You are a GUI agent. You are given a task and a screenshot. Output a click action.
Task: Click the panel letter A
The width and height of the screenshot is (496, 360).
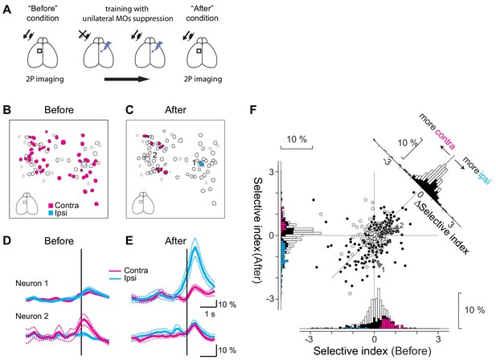7,10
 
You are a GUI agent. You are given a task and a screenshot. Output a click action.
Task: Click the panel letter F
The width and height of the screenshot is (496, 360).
253,110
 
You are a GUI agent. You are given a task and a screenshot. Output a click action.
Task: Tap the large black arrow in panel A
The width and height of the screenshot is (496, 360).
127,79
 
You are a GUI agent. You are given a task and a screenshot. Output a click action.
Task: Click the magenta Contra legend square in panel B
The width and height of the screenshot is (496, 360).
51,206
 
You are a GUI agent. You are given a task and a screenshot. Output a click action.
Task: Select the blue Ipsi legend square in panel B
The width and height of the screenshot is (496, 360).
51,213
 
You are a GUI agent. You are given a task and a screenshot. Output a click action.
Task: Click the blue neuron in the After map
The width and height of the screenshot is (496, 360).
201,164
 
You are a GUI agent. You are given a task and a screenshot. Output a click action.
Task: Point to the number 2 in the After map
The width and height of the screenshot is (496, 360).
154,155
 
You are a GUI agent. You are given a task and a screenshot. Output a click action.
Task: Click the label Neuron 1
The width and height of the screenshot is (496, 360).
32,284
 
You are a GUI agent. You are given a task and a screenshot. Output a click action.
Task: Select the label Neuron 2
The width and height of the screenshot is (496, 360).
32,316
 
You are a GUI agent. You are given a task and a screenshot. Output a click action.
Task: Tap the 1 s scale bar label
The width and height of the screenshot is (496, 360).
209,314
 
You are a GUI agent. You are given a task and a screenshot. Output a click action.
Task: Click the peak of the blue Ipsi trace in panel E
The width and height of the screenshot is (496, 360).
195,248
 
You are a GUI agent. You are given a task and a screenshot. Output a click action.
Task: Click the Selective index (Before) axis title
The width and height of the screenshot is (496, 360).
372,351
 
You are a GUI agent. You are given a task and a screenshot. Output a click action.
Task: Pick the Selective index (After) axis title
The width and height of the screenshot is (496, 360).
260,230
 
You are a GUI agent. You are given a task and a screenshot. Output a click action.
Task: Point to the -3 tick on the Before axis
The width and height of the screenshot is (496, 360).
309,339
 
